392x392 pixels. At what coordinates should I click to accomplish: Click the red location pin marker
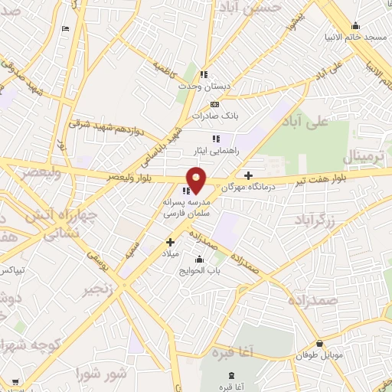196,180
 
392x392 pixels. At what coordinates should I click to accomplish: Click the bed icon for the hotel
65,28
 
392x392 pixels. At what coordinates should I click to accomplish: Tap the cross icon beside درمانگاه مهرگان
248,175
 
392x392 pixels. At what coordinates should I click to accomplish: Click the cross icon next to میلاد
170,242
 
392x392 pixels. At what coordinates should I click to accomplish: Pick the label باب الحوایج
200,270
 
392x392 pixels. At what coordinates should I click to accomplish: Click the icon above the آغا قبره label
230,376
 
